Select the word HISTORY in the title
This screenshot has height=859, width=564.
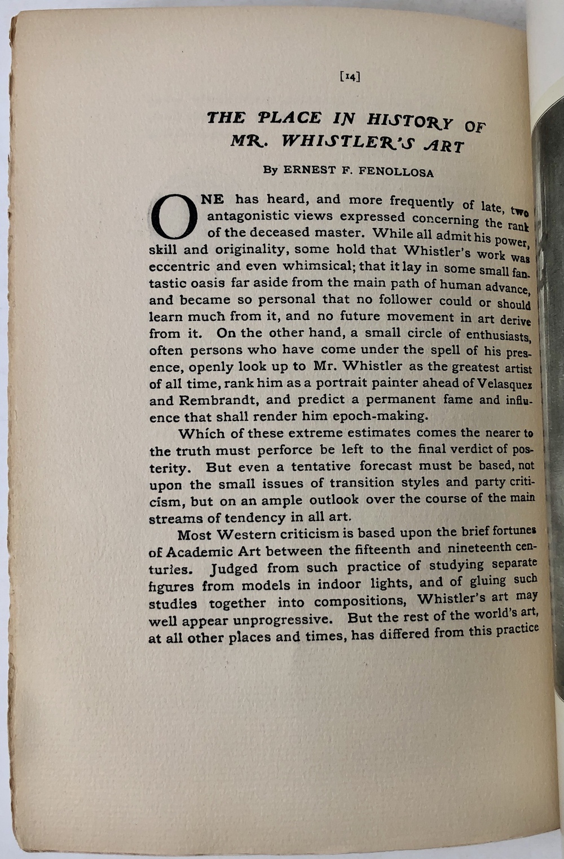[409, 121]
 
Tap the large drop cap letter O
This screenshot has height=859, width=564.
[174, 217]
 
